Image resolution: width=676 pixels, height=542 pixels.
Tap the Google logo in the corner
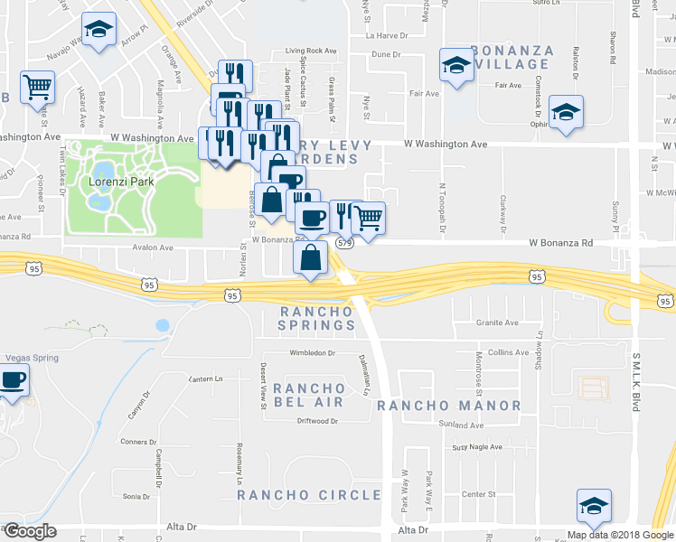[29, 531]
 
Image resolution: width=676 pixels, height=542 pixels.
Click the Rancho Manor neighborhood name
[449, 406]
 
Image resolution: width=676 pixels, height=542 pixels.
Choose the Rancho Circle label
[309, 495]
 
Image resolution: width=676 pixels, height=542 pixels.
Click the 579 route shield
[344, 243]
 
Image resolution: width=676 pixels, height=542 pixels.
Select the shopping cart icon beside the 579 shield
[368, 218]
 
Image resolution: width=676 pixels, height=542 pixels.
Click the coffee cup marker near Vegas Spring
[13, 380]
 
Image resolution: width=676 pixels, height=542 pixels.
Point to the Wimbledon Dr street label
[313, 353]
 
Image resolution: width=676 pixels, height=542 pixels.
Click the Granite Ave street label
[498, 322]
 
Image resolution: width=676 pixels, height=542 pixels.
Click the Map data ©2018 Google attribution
[620, 535]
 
